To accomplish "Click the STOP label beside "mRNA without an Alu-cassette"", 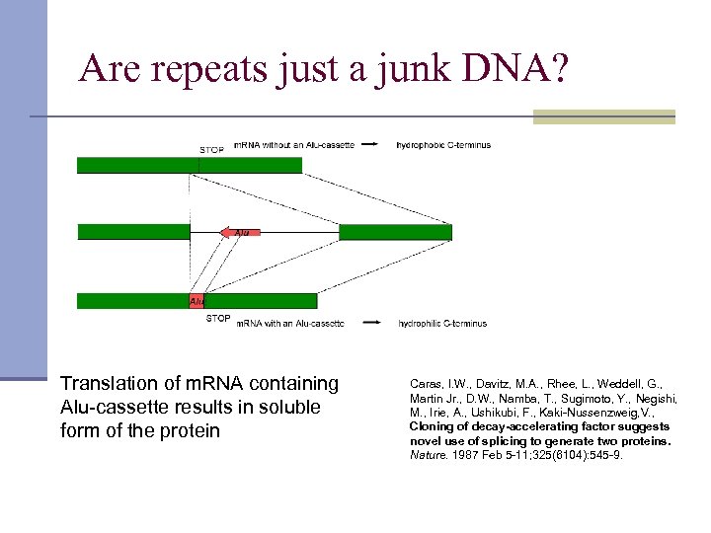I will (211, 150).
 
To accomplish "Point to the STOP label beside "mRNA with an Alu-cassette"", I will (218, 319).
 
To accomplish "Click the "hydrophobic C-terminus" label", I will (443, 145).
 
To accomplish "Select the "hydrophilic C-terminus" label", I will (442, 324).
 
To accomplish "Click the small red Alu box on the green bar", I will (197, 301).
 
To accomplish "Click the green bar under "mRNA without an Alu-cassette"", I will (189, 166).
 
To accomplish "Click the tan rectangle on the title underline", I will (603, 116).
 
